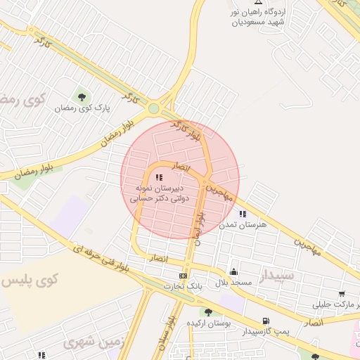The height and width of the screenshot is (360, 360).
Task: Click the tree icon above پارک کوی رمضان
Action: click(x=82, y=97)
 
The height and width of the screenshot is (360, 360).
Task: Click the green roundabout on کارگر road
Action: click(x=153, y=108)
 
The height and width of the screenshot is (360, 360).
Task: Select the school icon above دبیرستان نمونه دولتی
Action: click(x=157, y=178)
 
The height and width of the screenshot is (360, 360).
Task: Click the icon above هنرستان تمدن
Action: click(x=243, y=214)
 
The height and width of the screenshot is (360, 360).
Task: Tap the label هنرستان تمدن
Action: click(x=243, y=224)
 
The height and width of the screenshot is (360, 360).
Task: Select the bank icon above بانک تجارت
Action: click(x=183, y=276)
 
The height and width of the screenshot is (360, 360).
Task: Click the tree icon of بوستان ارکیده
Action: click(x=208, y=311)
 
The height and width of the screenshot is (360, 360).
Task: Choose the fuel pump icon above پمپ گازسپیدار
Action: click(x=265, y=321)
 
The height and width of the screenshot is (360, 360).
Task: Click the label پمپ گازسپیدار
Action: click(x=267, y=330)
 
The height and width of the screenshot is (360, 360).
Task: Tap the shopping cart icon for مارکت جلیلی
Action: click(x=342, y=294)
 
